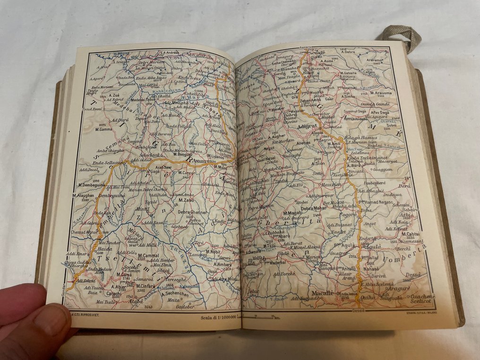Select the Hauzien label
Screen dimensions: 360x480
point(330,184)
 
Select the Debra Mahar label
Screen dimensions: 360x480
point(314,208)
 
